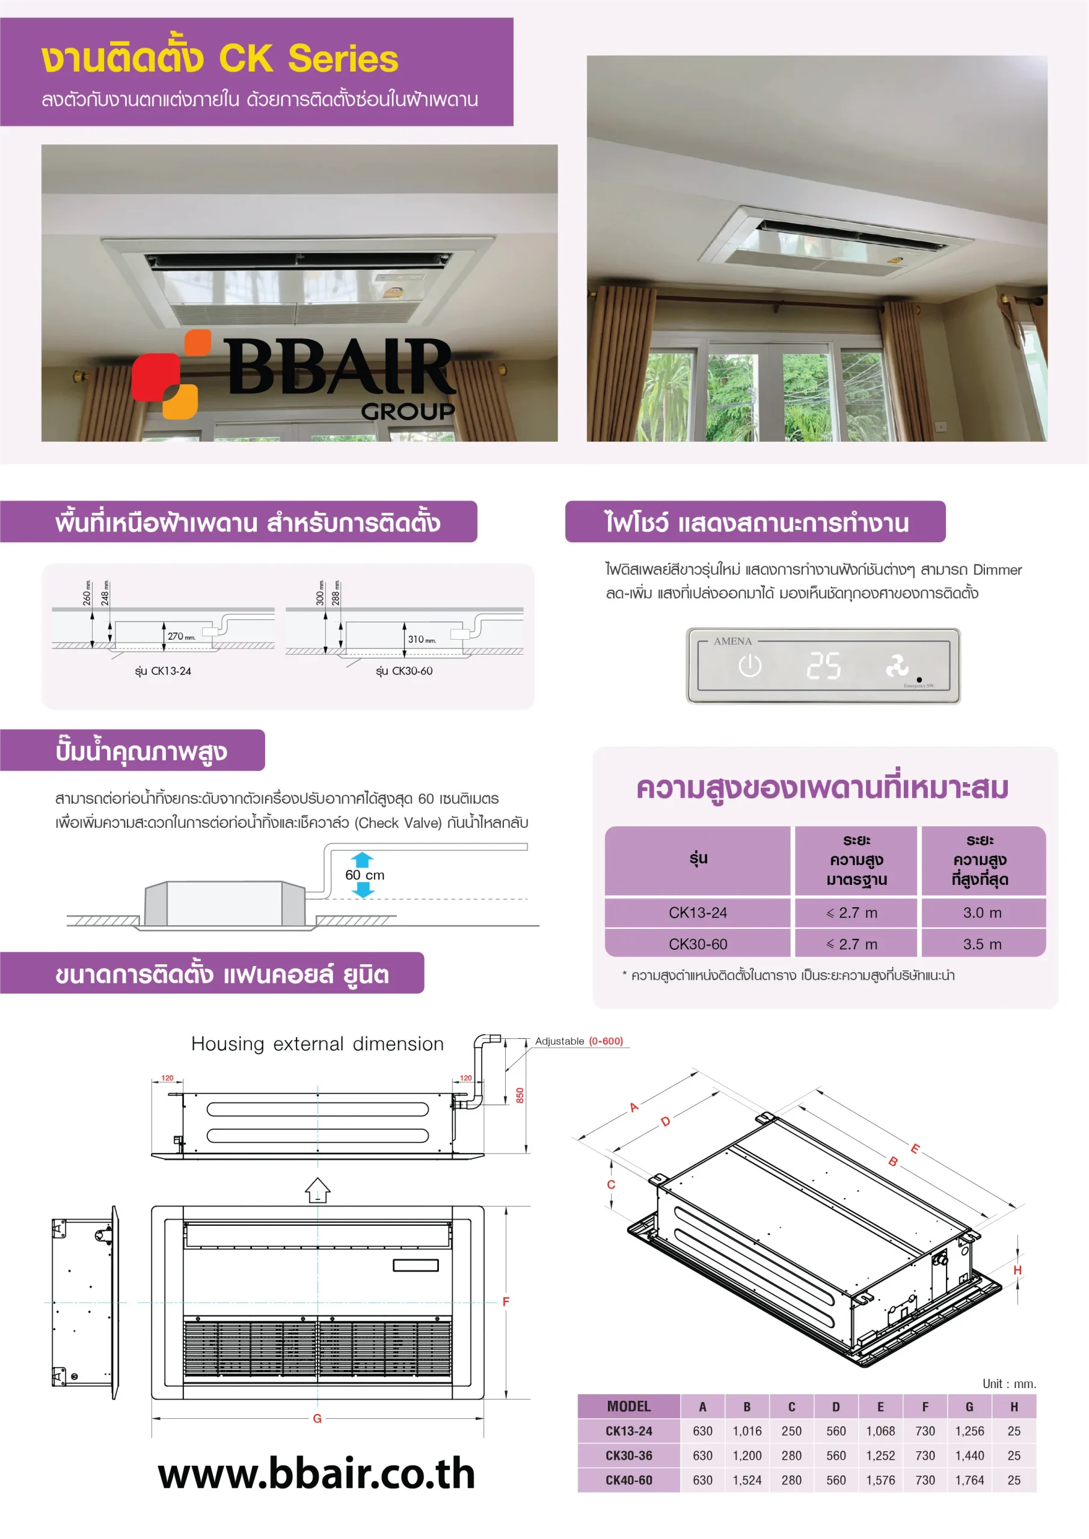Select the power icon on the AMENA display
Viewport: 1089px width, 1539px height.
(750, 665)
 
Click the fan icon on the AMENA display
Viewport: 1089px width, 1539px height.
(897, 665)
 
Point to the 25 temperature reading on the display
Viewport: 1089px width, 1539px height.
(823, 666)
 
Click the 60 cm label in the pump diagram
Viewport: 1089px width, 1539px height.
(365, 875)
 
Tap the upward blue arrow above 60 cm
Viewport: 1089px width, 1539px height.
(362, 859)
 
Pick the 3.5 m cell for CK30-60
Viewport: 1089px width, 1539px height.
(983, 944)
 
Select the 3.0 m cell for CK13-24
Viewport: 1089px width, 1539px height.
(983, 912)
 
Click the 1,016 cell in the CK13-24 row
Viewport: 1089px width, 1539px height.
(747, 1431)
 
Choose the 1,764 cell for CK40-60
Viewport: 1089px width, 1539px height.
(970, 1480)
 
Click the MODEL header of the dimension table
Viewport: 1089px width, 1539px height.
(629, 1406)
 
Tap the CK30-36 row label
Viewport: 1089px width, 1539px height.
(629, 1455)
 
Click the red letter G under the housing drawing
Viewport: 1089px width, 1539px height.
(317, 1418)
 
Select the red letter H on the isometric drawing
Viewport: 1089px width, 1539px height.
(1017, 1270)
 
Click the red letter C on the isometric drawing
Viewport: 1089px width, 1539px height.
(611, 1184)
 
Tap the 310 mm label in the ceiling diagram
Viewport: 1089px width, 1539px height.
(422, 639)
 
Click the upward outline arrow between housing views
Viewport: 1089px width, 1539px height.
(318, 1190)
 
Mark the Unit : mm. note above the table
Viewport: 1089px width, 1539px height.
(1009, 1383)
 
